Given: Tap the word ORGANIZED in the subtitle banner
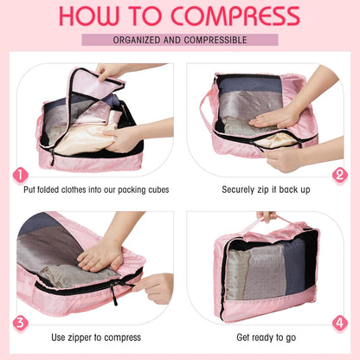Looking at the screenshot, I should pos(142,40).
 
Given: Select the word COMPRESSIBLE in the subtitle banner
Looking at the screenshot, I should pos(216,40).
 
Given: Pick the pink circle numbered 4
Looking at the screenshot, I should pos(339,324).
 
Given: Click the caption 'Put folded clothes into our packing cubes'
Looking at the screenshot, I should pos(96,189).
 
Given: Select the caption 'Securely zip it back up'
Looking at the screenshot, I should pos(266,189).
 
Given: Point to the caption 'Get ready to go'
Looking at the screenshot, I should pos(266,337).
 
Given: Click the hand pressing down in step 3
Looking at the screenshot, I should pos(100,254).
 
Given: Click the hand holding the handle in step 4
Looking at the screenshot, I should pos(267,216).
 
